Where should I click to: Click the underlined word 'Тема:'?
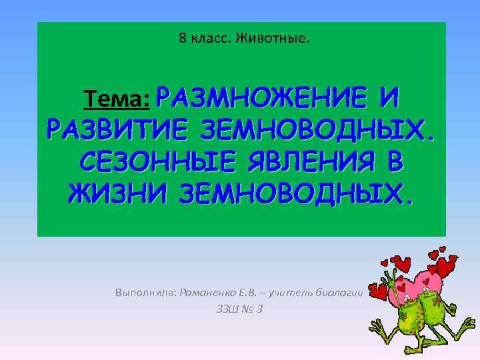pos(116,101)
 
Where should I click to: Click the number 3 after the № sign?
pos(260,309)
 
